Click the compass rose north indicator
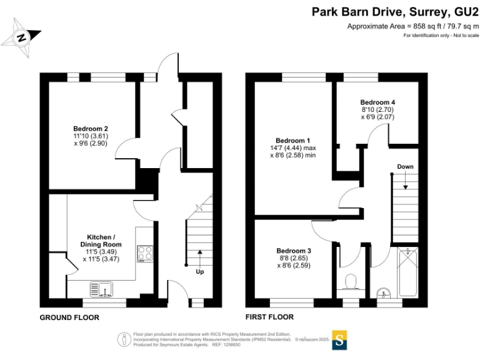pyautogui.click(x=22, y=37)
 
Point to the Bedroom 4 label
pyautogui.click(x=377, y=102)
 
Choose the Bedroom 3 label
pyautogui.click(x=294, y=251)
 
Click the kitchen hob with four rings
pyautogui.click(x=146, y=253)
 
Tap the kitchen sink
pyautogui.click(x=104, y=288)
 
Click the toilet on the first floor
pyautogui.click(x=350, y=282)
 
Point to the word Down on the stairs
pyautogui.click(x=405, y=167)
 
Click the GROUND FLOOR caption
pyautogui.click(x=69, y=317)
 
